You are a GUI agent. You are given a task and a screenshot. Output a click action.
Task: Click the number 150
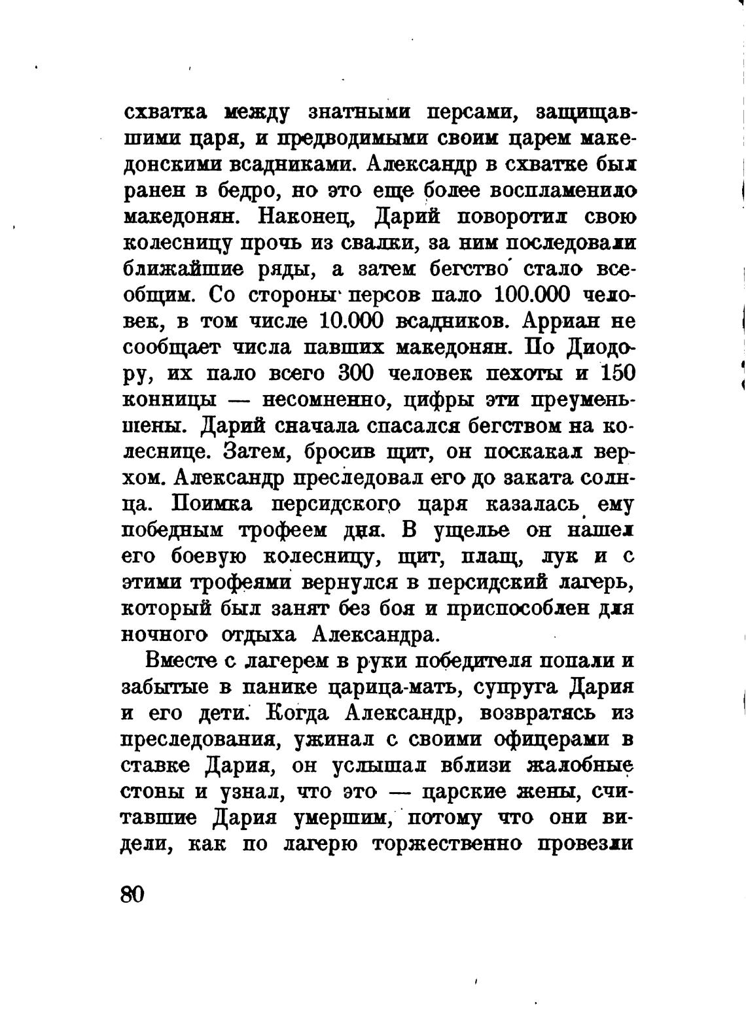pos(617,373)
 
